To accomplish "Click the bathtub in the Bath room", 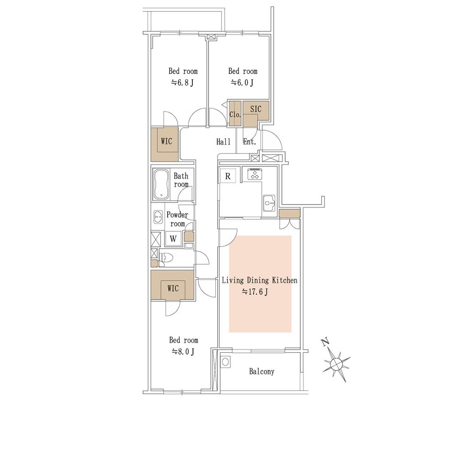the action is (x=161, y=185).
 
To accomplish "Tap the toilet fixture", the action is (x=166, y=258).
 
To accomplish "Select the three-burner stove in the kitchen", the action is (x=255, y=174).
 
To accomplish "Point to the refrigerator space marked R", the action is (x=228, y=176).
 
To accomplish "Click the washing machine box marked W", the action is (x=173, y=239).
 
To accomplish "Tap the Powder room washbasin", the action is (x=158, y=217).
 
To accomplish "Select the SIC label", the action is (x=255, y=109).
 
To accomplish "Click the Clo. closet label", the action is (x=235, y=114).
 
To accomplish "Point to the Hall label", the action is (x=223, y=142).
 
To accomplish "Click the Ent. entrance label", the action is (x=250, y=142).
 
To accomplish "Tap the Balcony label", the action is (x=261, y=371).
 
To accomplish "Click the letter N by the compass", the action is (x=325, y=342).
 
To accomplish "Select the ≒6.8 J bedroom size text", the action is (x=182, y=83).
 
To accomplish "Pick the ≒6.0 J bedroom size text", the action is (x=242, y=83).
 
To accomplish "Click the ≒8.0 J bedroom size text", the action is (x=183, y=352).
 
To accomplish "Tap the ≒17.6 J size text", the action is (x=255, y=292).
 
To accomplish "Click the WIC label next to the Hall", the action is (x=166, y=141).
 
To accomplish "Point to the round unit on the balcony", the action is (x=225, y=362).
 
